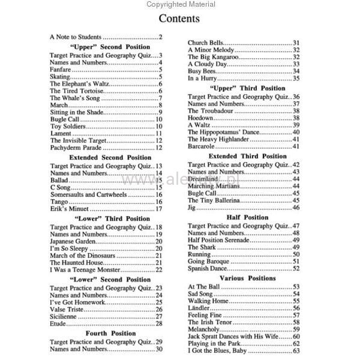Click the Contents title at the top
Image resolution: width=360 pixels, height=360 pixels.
179,19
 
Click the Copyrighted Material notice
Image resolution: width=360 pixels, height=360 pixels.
179,4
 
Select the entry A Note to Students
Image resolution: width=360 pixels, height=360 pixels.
76,37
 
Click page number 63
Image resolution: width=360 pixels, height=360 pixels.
296,352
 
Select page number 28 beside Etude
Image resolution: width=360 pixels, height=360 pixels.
159,323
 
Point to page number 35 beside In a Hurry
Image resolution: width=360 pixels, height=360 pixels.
296,79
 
